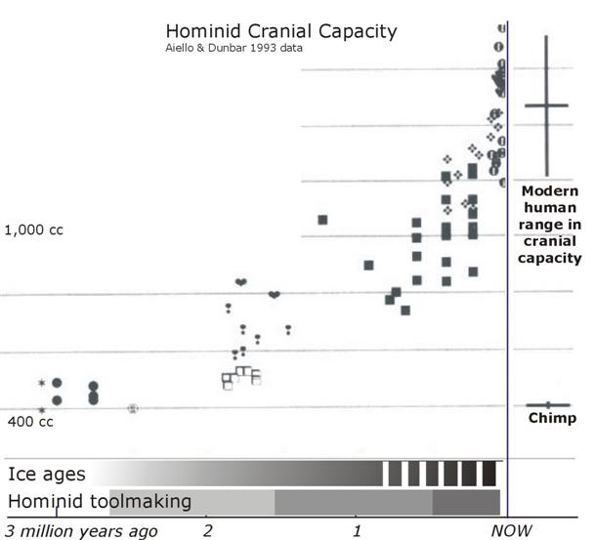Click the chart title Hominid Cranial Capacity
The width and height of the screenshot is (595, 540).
280,31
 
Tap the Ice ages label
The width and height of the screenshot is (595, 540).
47,475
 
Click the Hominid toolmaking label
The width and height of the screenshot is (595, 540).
100,501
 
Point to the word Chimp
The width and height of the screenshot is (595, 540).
552,419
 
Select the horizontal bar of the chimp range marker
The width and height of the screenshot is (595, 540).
548,404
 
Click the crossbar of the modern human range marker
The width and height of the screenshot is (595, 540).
546,105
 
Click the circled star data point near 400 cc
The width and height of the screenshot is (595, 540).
133,408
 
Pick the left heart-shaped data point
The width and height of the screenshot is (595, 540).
240,282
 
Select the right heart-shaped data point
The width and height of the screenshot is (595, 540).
275,294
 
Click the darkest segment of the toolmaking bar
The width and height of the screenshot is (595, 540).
466,502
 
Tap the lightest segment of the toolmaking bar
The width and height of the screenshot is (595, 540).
191,502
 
